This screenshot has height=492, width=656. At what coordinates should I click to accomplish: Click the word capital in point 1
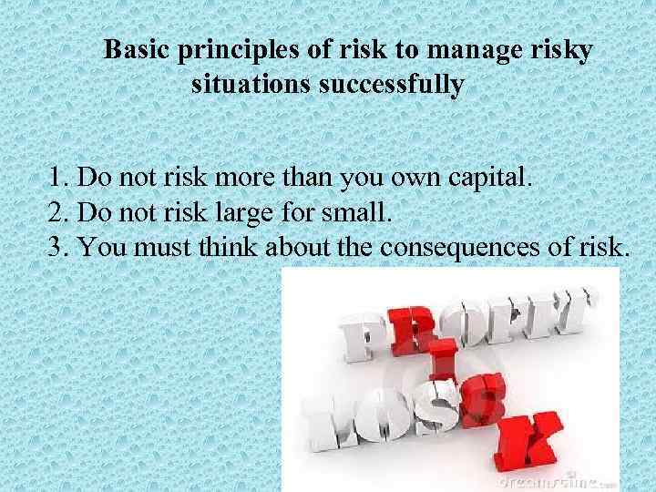pos(493,176)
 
